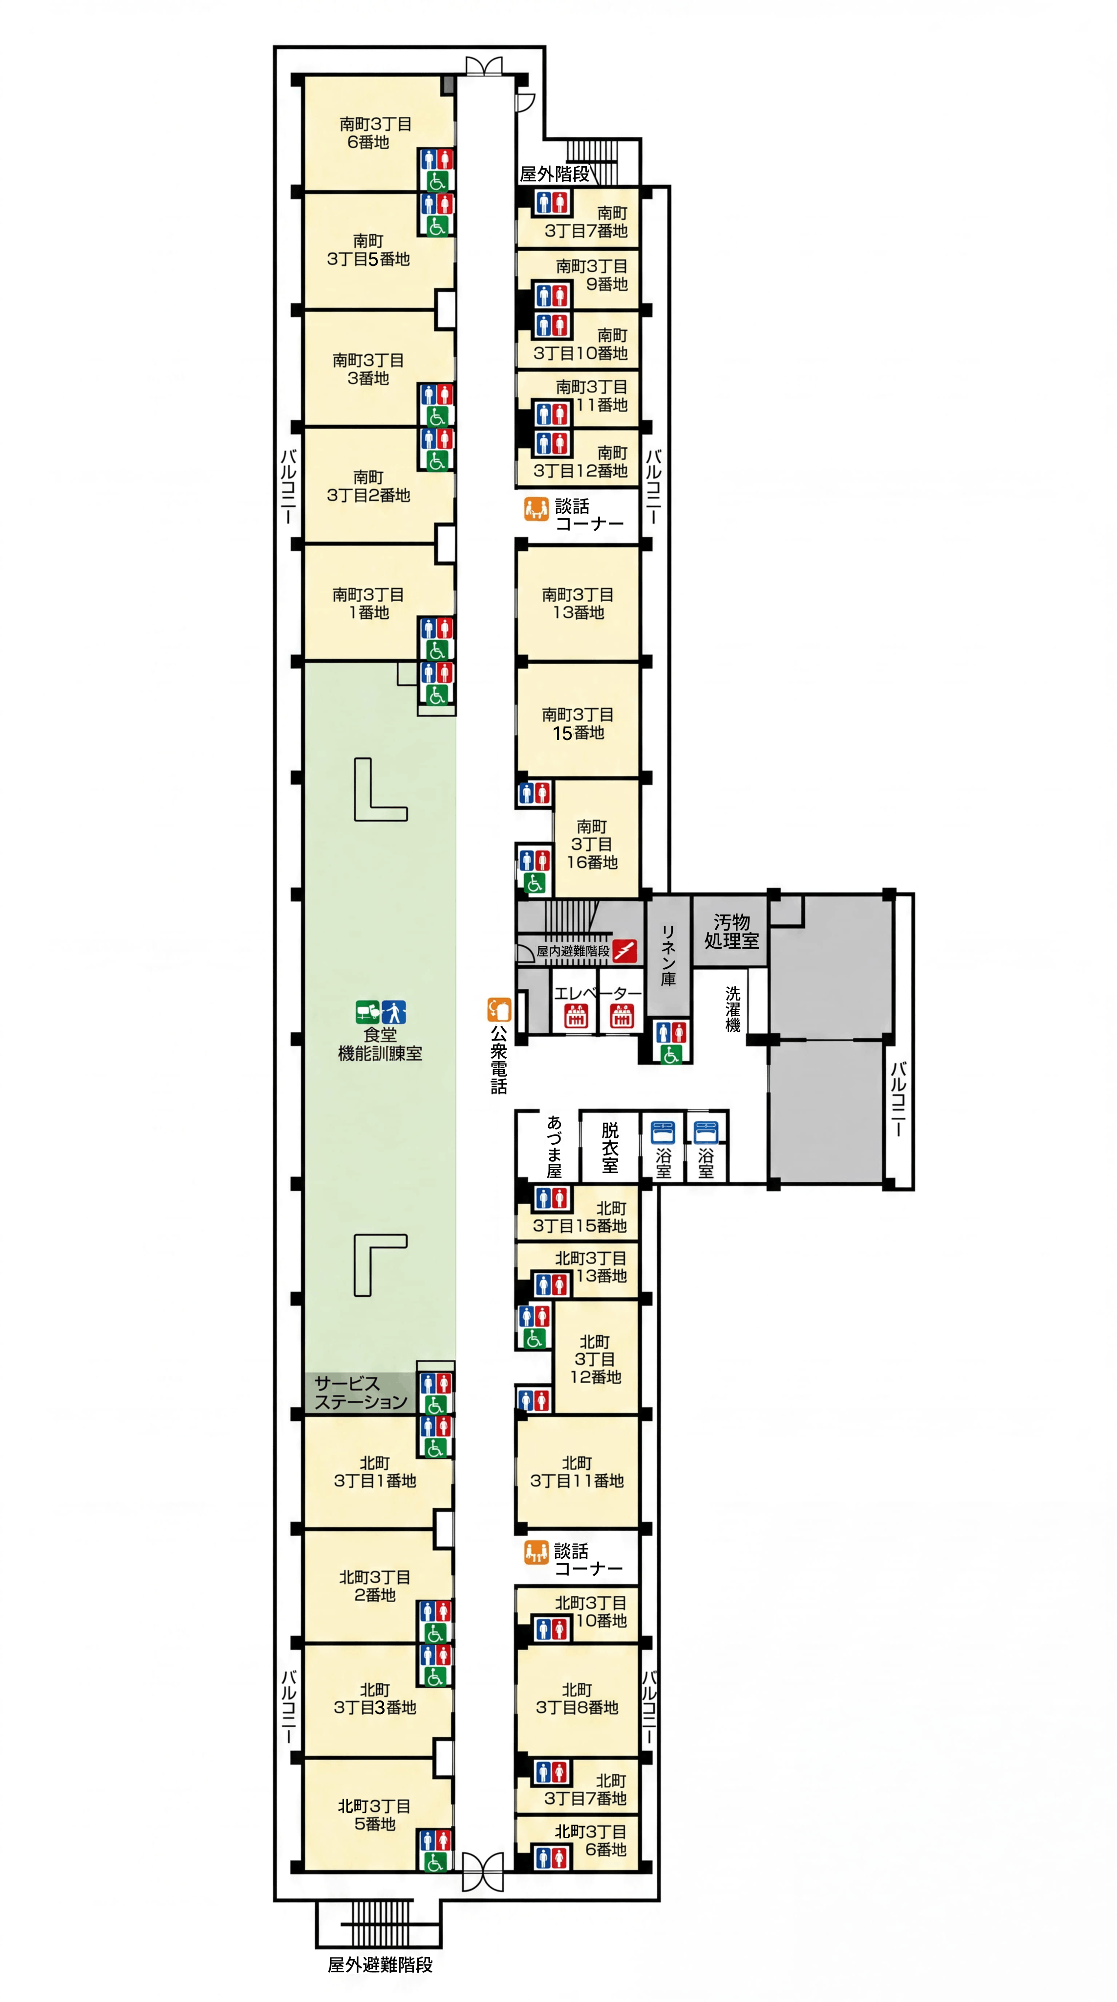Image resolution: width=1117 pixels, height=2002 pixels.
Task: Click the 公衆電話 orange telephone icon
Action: click(x=499, y=1009)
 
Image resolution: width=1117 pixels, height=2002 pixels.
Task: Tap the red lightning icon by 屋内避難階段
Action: click(x=624, y=950)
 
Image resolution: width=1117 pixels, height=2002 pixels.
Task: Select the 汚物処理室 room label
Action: click(x=731, y=931)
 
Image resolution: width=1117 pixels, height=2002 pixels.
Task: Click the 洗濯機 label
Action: click(x=732, y=1009)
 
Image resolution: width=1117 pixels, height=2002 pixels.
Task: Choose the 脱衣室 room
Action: click(x=610, y=1146)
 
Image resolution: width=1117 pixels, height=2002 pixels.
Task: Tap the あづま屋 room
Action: click(x=548, y=1146)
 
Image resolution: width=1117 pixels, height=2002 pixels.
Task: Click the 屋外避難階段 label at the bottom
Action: click(x=380, y=1965)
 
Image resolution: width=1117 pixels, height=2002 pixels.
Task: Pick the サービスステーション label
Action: click(x=361, y=1393)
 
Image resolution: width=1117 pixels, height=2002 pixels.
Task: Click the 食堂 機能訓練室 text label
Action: click(x=380, y=1044)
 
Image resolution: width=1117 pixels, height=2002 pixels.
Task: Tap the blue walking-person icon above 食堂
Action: click(x=394, y=1012)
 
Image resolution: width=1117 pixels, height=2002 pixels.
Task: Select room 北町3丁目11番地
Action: click(x=577, y=1471)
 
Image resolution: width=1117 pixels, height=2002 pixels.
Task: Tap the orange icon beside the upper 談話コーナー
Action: click(x=536, y=509)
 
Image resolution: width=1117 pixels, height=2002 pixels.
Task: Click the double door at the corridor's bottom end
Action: click(x=482, y=1871)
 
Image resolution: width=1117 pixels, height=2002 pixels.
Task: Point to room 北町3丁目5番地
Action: click(x=375, y=1815)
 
